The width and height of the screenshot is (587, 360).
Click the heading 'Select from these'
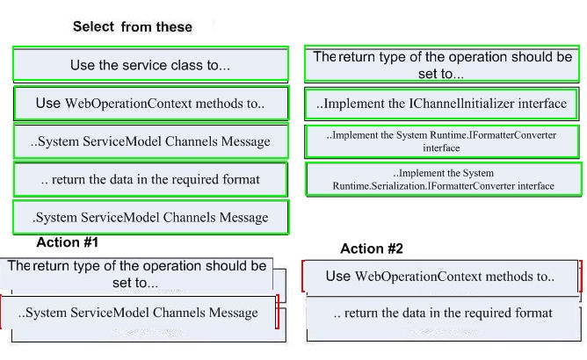(x=133, y=27)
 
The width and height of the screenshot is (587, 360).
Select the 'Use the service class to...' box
(x=150, y=63)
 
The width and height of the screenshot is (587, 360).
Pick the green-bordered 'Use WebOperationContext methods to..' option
(x=151, y=103)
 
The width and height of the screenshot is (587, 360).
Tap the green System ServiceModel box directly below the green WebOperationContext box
(x=151, y=141)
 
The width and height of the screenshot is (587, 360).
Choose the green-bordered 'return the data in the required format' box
(x=150, y=179)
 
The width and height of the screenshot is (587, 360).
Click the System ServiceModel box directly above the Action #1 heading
(x=151, y=217)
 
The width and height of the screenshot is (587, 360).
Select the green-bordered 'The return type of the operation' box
(x=442, y=64)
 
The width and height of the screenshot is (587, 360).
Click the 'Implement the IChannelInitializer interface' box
(x=441, y=104)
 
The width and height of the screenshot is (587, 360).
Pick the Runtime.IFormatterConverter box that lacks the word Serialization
(x=442, y=141)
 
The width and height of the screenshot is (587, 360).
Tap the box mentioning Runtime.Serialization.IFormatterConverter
(x=444, y=179)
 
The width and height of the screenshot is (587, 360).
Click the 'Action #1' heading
(x=68, y=242)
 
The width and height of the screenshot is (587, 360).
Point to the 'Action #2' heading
(x=372, y=248)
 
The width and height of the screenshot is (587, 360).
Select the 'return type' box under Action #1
(x=136, y=274)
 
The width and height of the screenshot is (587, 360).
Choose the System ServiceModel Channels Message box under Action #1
(x=138, y=313)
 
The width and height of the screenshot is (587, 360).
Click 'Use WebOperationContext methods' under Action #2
(x=441, y=277)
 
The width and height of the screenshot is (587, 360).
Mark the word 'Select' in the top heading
(x=94, y=27)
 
